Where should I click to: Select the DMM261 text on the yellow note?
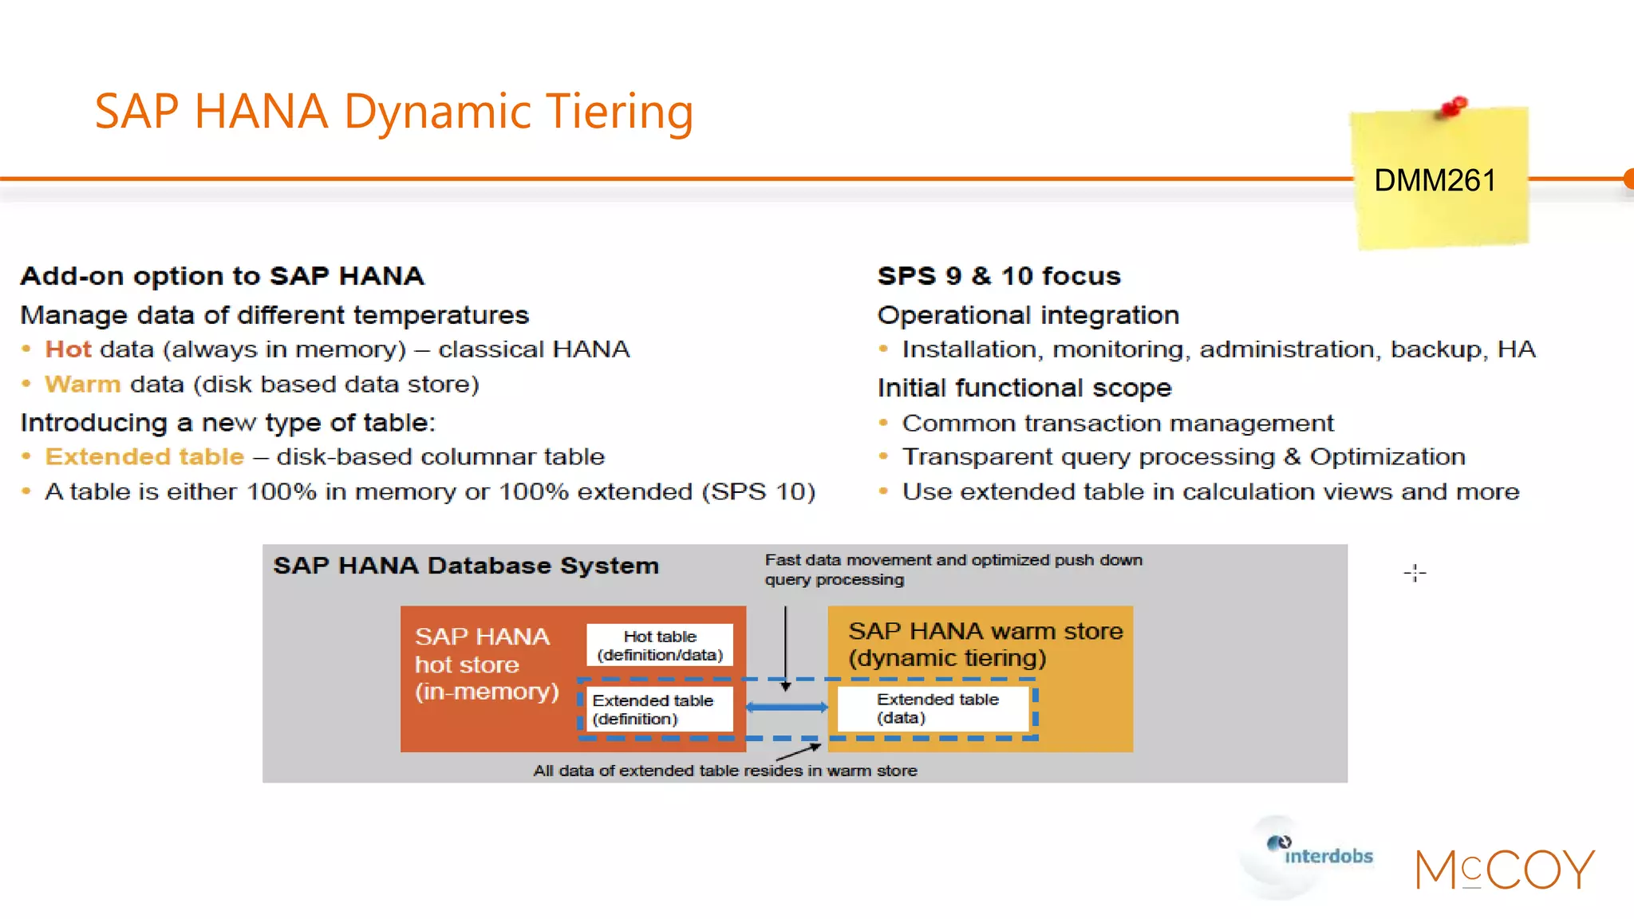1434,181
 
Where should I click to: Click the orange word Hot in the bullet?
68,349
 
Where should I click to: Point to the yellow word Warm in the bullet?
82,385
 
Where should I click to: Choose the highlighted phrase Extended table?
144,457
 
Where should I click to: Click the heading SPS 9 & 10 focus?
999,276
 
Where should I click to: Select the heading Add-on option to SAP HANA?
222,276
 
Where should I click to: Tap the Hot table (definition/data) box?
660,645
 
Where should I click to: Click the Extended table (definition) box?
654,709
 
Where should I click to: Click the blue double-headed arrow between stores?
787,708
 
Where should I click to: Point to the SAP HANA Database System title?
466,566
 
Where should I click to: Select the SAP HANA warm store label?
985,644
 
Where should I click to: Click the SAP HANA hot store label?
486,664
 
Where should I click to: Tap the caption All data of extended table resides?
724,771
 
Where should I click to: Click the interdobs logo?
1316,854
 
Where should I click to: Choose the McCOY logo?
1504,869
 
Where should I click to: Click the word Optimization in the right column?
1387,457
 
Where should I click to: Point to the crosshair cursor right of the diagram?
1415,573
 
